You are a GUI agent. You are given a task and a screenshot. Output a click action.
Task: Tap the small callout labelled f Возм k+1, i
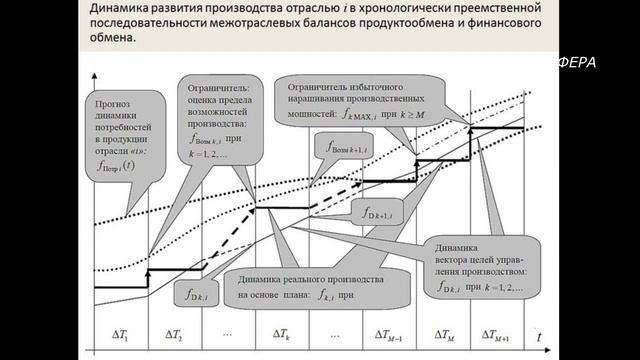click(x=348, y=149)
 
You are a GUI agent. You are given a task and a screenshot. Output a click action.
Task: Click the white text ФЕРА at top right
click(x=576, y=63)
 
